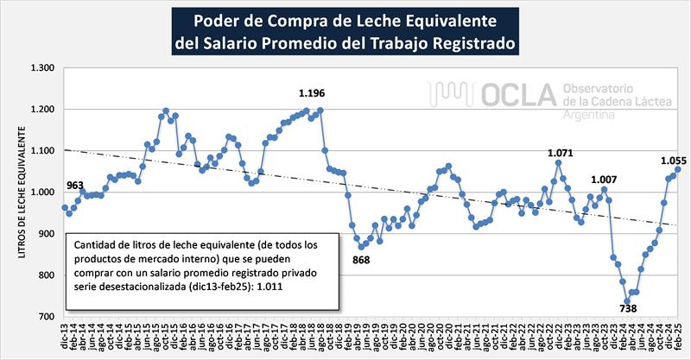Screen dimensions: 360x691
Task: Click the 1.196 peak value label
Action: (312, 93)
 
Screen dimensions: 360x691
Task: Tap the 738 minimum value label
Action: (628, 308)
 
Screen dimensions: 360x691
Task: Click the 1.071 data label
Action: (561, 153)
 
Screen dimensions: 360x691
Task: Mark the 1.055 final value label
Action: (674, 160)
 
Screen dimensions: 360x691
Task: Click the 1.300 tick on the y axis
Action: (42, 68)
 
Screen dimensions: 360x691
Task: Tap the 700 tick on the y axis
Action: (47, 317)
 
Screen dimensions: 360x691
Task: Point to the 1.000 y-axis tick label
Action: (42, 193)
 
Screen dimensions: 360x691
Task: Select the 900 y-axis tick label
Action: (47, 234)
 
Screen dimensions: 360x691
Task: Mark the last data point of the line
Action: (678, 169)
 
